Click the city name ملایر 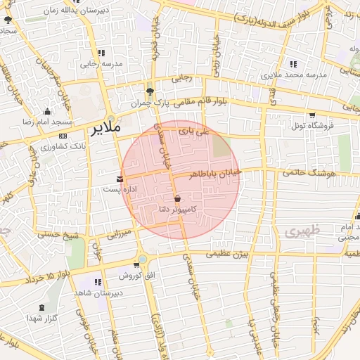point(106,129)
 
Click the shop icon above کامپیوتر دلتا point(176,198)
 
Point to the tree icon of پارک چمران point(149,91)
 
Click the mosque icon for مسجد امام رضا point(47,112)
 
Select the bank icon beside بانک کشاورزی point(63,136)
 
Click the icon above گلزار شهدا point(42,307)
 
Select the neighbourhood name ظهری point(303,230)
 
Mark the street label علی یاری point(194,131)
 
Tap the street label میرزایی point(119,232)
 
